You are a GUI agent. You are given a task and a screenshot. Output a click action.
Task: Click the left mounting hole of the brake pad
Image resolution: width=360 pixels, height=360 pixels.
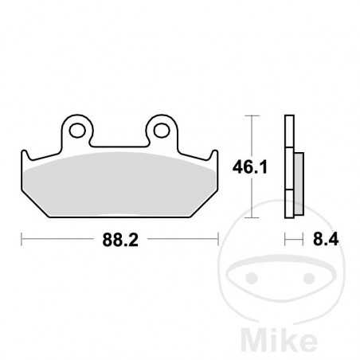tap(77, 127)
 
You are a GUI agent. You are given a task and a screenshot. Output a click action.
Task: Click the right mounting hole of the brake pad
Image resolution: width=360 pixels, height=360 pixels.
tap(160, 127)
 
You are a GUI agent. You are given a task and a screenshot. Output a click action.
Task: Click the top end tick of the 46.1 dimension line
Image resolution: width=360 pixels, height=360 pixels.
tap(252, 116)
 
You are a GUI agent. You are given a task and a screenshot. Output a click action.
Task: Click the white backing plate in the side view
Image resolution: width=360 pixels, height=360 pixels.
tap(287, 167)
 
